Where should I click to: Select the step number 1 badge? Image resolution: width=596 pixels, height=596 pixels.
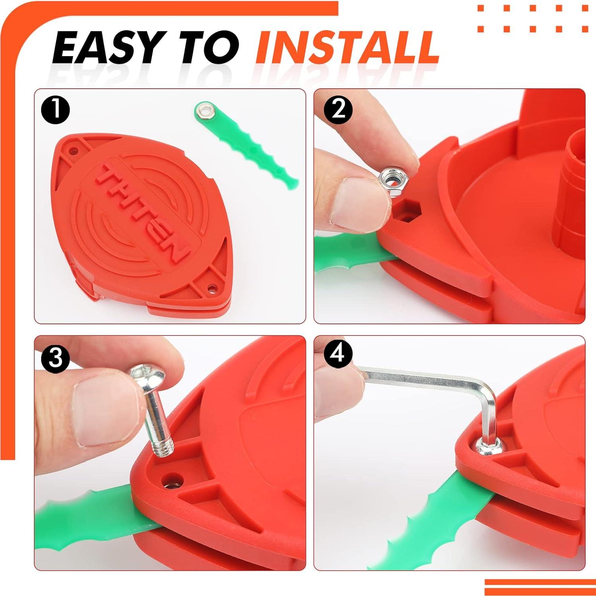[56, 110]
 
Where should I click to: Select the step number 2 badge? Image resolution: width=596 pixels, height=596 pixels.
[338, 109]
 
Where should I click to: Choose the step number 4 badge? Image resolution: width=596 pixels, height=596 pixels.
[338, 353]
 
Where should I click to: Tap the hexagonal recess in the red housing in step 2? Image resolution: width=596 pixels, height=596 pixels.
[407, 211]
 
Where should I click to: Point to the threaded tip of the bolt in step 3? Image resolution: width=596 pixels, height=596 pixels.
[164, 449]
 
